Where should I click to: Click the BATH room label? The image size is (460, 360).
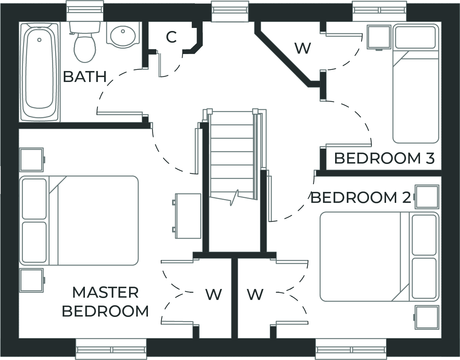[85, 77]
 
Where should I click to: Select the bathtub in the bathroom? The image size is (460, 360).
[39, 72]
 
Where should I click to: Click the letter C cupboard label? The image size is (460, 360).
[171, 37]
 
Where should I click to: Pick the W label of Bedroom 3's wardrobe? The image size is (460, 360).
[303, 48]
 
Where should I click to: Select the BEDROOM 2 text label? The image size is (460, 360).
[360, 198]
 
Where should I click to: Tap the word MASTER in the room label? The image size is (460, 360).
[105, 292]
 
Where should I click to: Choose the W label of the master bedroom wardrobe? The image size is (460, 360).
[214, 294]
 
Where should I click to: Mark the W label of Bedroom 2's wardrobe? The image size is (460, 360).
[255, 294]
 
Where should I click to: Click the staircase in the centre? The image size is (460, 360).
[232, 155]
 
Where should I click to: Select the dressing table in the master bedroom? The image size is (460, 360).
[188, 216]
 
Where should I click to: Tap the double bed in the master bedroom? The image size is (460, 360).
[79, 220]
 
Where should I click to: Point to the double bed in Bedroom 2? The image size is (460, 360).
[379, 256]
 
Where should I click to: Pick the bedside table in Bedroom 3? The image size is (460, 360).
[379, 37]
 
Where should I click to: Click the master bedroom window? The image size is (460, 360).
[111, 349]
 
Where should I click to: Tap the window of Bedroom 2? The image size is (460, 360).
[351, 349]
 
